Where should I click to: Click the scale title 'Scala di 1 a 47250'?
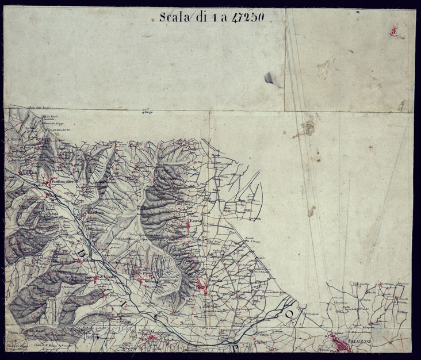coord(212,17)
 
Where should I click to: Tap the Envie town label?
coord(196,220)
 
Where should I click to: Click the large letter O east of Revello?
coord(290,314)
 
